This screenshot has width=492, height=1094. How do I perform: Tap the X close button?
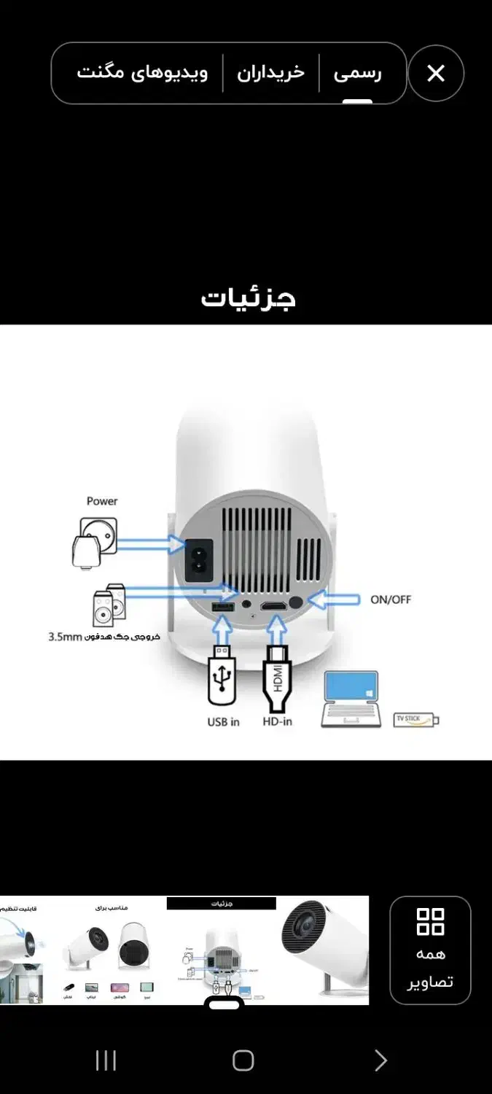tap(435, 73)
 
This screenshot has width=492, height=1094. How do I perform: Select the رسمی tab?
tap(357, 73)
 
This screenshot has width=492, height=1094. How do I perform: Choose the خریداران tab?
tap(270, 73)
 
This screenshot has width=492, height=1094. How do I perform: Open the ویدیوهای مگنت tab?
tap(142, 73)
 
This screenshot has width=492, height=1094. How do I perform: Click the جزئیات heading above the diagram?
tap(248, 298)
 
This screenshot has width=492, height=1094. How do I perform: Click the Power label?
tap(102, 501)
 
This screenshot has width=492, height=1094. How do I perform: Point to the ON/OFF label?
tap(391, 600)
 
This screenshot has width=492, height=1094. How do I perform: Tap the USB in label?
tap(223, 722)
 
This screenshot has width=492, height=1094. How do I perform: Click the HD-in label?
tap(277, 722)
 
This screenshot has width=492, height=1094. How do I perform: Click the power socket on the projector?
tap(199, 559)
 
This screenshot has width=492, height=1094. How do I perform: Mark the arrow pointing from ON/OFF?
tap(335, 600)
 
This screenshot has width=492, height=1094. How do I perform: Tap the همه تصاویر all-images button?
tap(430, 950)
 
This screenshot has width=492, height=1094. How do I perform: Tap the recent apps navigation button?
tap(106, 1060)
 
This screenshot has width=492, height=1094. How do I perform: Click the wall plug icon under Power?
tap(94, 541)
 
